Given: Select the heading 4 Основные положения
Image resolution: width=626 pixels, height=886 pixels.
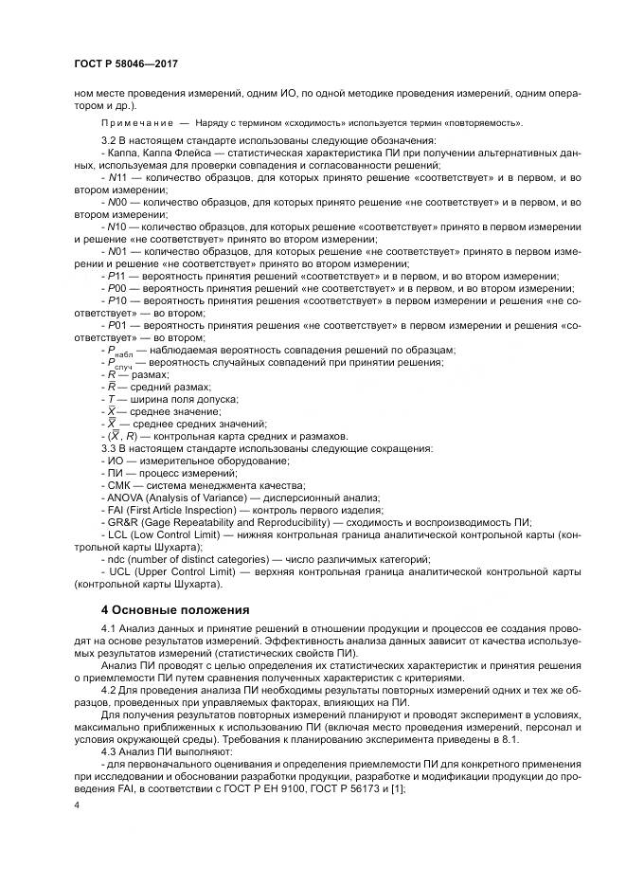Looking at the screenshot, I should (x=175, y=608).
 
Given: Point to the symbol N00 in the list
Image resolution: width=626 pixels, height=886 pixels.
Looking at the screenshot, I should (x=116, y=202).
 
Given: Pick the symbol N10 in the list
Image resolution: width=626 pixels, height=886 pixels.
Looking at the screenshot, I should (x=116, y=226).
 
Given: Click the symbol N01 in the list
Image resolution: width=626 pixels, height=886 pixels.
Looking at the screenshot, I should (x=116, y=251).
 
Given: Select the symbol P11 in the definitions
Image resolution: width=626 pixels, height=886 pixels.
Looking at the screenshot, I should (x=116, y=276).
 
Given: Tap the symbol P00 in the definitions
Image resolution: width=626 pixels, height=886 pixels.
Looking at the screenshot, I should (x=116, y=288).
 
